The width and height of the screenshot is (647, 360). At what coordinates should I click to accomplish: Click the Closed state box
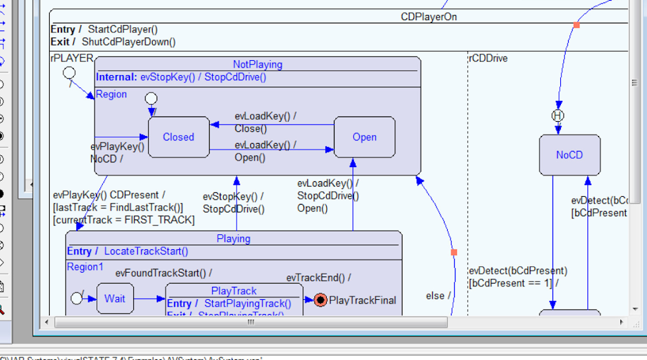coord(179,137)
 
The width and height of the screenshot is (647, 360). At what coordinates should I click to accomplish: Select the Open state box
coord(364,137)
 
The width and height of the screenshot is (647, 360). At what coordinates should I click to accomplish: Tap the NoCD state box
coord(569,155)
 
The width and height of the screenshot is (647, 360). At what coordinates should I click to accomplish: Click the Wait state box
coord(115,298)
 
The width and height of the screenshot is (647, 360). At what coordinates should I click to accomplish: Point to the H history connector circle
coord(558,115)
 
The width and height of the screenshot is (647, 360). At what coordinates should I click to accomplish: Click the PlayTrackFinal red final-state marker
coord(320,300)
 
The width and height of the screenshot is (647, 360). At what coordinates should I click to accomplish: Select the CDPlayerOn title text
coord(428,17)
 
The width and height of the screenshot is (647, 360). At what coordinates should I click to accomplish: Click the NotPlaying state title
coord(258,64)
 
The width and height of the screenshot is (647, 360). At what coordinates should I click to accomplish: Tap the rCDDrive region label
coord(488,58)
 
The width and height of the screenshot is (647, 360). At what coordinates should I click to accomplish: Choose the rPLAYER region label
coord(72,58)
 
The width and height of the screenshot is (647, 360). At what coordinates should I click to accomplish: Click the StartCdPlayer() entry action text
coord(123,29)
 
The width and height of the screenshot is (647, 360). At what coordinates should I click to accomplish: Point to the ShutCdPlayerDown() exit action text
coord(129,42)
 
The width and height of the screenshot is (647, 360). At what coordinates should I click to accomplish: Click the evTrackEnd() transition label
coord(318,278)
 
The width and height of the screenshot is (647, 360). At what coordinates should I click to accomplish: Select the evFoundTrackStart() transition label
coord(163,273)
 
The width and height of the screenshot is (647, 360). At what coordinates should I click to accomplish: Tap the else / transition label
coord(438,296)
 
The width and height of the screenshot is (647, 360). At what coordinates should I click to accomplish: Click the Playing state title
coord(234,238)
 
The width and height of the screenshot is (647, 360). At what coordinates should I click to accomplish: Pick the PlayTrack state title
coord(234,291)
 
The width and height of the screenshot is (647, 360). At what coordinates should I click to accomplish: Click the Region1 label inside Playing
coord(85,267)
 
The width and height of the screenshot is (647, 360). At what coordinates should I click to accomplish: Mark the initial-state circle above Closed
coord(151,98)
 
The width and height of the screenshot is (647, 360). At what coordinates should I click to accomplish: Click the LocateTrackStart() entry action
coord(146,251)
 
